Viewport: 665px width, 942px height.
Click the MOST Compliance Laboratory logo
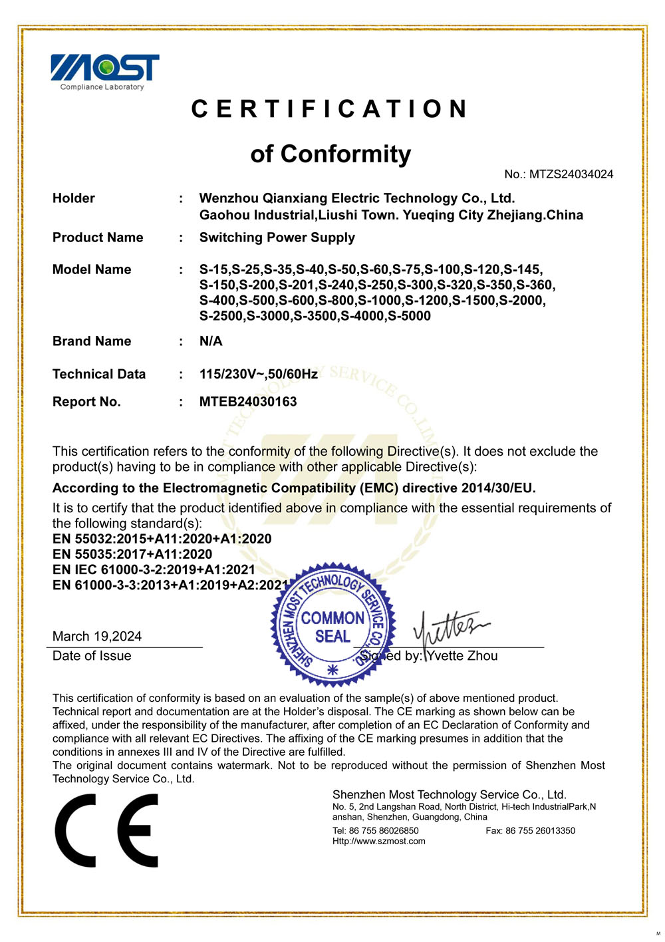point(105,71)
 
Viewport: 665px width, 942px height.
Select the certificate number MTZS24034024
point(571,174)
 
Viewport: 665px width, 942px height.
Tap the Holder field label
point(74,198)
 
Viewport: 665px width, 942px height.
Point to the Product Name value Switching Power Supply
point(277,237)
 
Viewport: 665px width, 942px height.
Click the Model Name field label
point(92,269)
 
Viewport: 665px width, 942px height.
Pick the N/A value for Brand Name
point(211,341)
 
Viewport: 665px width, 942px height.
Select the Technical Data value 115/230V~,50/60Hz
point(259,374)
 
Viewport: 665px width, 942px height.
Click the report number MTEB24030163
point(248,402)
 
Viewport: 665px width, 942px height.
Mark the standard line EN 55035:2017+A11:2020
point(132,554)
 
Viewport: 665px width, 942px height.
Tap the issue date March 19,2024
point(97,636)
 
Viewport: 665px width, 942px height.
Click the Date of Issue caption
point(92,656)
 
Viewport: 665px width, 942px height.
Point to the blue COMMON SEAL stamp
point(332,625)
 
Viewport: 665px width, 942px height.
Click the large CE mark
point(107,830)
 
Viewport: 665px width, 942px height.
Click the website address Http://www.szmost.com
point(379,842)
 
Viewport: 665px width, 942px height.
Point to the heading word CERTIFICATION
point(331,109)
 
